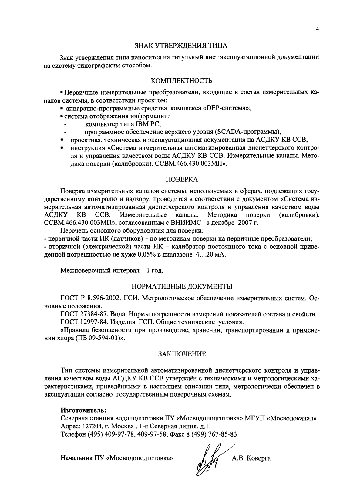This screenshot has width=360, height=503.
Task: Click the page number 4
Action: coord(317,29)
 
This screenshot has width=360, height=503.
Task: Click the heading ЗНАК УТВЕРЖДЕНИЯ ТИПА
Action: coord(181,46)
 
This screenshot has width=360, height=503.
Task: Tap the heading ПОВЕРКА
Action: coord(181,179)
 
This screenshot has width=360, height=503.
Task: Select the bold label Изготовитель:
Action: coord(83,410)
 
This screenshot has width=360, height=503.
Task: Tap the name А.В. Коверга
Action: coord(251,458)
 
